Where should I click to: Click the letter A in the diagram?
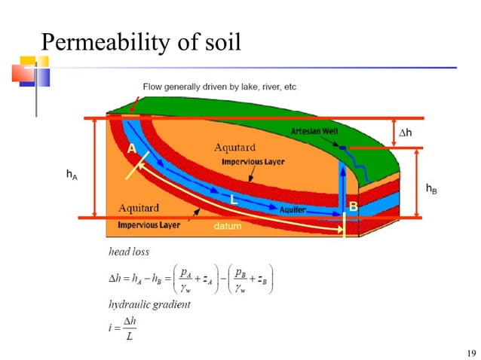click(131, 149)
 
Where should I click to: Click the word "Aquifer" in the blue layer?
click(293, 209)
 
